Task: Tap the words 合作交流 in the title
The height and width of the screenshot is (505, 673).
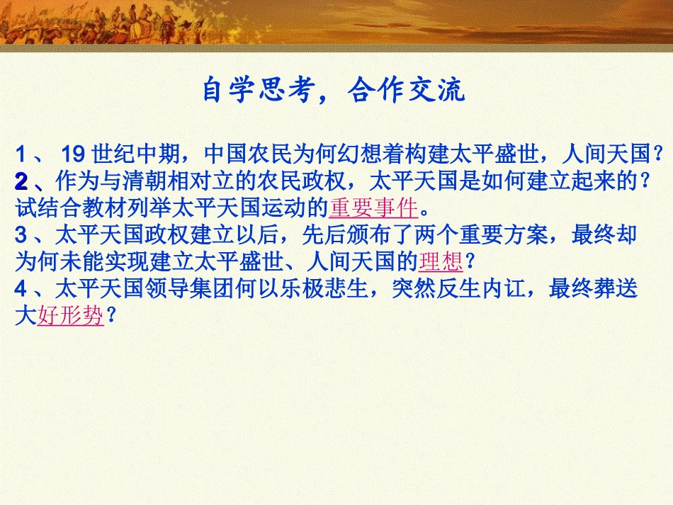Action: coord(407,91)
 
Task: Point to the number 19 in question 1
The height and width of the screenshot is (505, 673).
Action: coord(74,153)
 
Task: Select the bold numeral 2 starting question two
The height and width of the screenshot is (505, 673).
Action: coord(21,181)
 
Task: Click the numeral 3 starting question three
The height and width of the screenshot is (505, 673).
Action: coord(21,236)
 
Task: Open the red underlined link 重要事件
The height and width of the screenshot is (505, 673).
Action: coord(373,208)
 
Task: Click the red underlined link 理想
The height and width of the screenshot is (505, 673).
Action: coord(441,263)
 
